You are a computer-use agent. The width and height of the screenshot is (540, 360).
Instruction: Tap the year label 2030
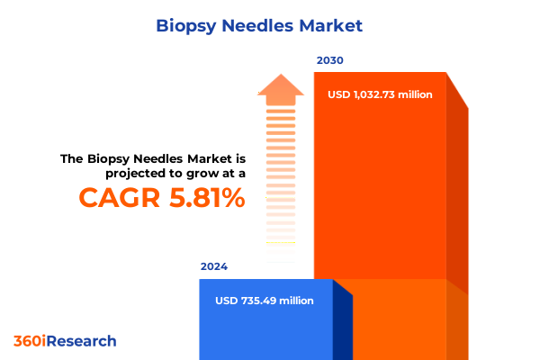pyautogui.click(x=329, y=61)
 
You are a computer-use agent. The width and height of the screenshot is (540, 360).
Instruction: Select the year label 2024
pyautogui.click(x=214, y=267)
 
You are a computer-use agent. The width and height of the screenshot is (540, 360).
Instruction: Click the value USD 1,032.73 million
pyautogui.click(x=379, y=94)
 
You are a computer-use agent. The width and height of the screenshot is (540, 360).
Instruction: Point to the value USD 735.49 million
pyautogui.click(x=265, y=301)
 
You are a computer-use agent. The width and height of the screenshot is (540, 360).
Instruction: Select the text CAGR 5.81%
pyautogui.click(x=162, y=197)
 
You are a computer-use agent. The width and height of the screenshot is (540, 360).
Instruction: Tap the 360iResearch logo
pyautogui.click(x=65, y=341)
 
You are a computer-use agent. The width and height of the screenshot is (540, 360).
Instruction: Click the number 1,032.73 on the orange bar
pyautogui.click(x=379, y=94)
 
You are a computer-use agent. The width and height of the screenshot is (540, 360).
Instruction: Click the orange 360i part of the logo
pyautogui.click(x=31, y=341)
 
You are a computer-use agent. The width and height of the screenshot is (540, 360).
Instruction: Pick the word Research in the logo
pyautogui.click(x=83, y=341)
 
